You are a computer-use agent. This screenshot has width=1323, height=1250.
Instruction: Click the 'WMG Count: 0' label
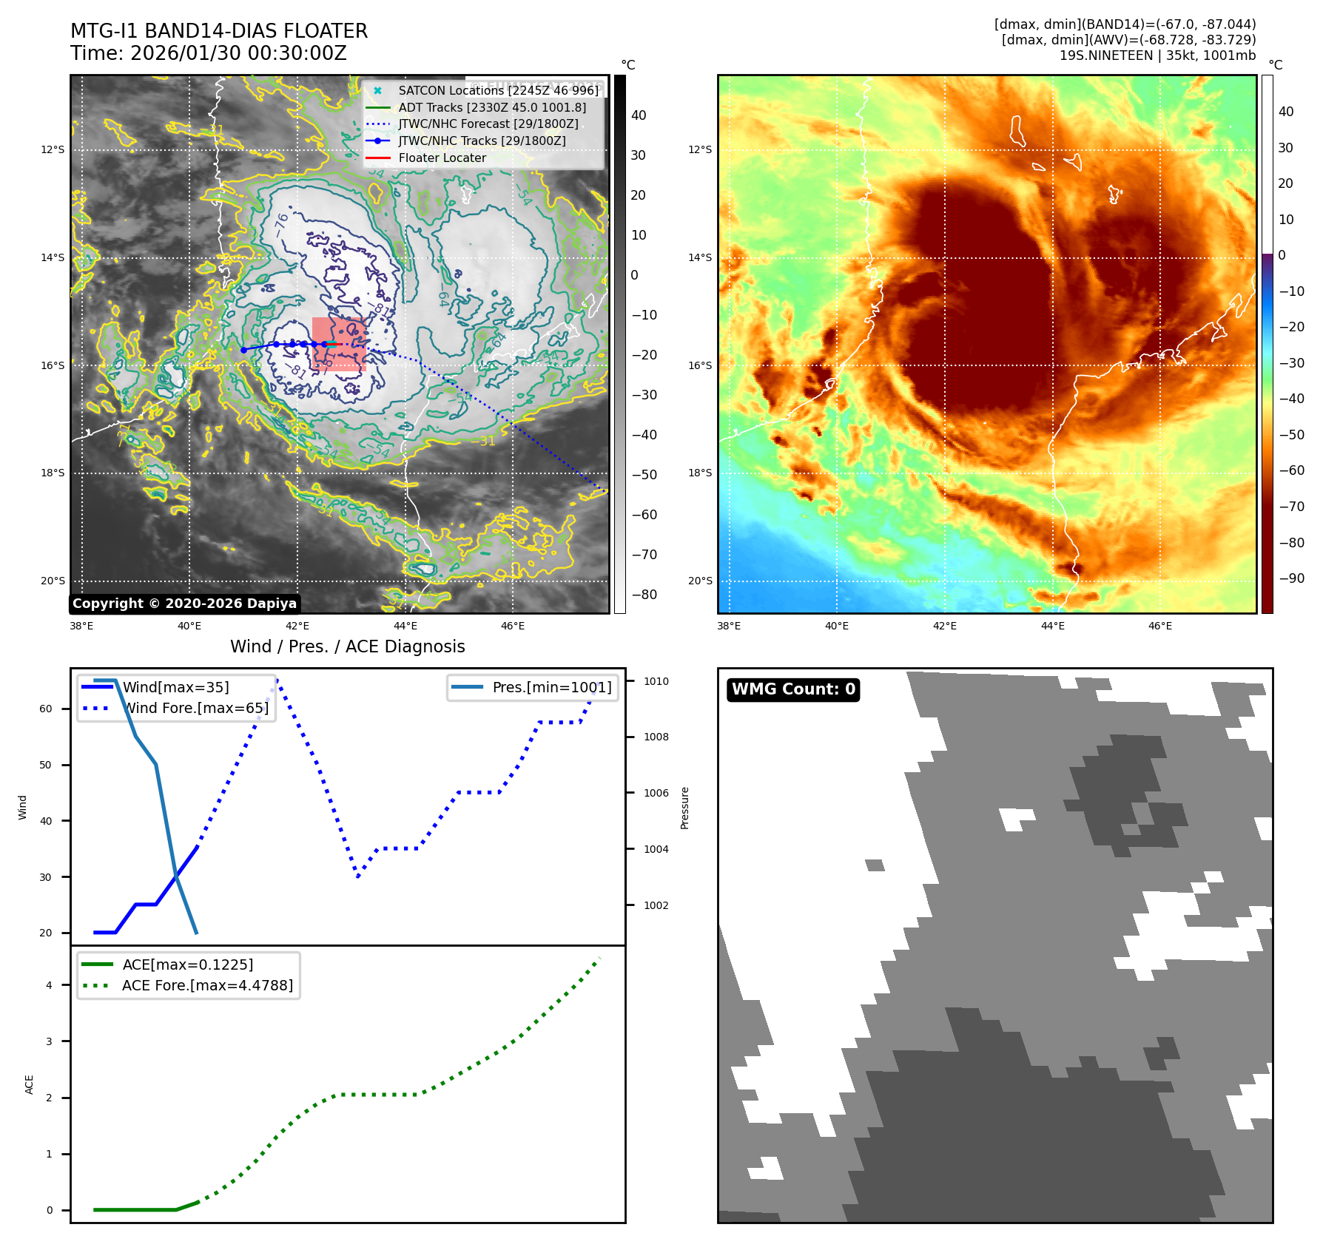click(792, 689)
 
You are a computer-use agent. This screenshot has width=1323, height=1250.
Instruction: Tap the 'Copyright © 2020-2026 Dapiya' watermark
click(184, 604)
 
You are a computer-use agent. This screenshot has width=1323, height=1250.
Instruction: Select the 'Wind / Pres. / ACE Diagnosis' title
click(347, 646)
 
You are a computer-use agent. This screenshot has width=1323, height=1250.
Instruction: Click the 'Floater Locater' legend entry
click(442, 158)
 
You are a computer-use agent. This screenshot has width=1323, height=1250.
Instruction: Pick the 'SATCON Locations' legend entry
click(498, 90)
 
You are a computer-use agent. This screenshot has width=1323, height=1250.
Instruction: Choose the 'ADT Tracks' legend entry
click(491, 107)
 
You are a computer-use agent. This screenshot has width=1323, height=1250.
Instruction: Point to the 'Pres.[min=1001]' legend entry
click(551, 687)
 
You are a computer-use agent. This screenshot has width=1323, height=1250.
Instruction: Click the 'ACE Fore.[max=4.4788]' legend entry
click(207, 985)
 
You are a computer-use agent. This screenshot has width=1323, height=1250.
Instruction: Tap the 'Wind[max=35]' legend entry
click(175, 687)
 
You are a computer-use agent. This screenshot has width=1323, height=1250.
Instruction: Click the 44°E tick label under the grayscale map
click(405, 626)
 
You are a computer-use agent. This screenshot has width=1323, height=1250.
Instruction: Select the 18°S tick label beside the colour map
click(700, 473)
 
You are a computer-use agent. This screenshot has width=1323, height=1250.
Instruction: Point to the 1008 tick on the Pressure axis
click(656, 737)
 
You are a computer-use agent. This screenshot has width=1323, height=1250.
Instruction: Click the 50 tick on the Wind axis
click(46, 765)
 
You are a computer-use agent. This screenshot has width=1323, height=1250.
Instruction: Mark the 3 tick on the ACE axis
click(50, 1041)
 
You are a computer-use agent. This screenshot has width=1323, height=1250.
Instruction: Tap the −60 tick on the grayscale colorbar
click(644, 515)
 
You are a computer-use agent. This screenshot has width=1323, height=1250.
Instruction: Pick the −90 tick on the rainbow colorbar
click(1291, 578)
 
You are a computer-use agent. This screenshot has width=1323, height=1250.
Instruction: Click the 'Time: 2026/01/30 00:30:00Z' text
click(208, 53)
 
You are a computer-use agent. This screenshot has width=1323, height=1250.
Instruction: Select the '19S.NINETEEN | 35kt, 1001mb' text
click(1157, 55)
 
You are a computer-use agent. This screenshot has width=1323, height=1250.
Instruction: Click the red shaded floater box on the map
click(338, 344)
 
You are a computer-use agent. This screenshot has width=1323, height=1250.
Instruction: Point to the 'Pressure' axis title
click(684, 808)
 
